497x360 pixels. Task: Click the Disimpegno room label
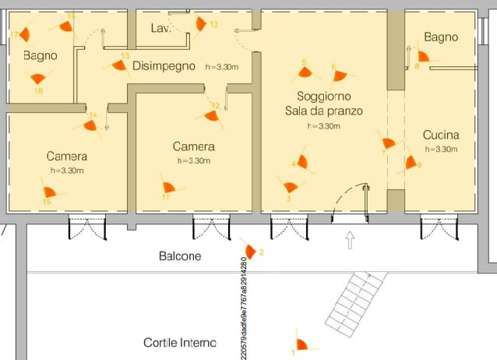(164, 66)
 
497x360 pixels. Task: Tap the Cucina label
(441, 135)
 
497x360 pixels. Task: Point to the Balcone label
(180, 256)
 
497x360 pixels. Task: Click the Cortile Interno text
(180, 343)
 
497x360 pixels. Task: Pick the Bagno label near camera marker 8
(442, 37)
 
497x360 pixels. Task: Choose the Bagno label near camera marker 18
(41, 55)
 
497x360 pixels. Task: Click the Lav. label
(160, 29)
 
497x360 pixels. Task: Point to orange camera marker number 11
(170, 188)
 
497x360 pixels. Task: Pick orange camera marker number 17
(25, 34)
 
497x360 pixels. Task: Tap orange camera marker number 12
(201, 23)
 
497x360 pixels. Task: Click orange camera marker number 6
(340, 76)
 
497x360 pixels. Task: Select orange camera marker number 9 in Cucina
(410, 163)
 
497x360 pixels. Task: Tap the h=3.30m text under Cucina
(441, 149)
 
